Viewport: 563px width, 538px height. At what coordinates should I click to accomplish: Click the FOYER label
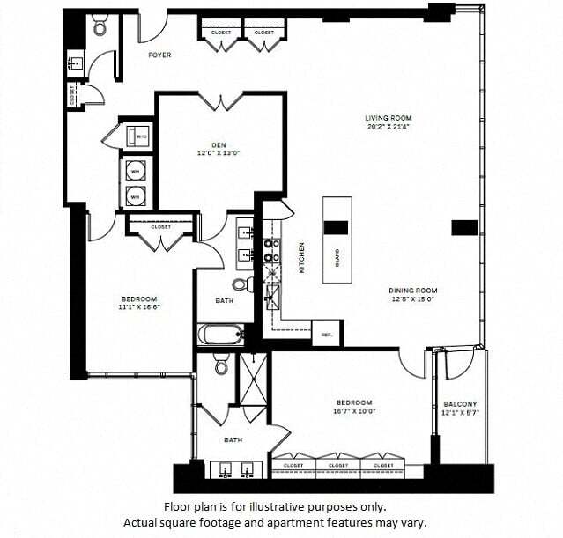tap(159, 55)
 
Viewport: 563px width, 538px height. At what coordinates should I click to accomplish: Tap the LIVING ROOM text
tap(389, 118)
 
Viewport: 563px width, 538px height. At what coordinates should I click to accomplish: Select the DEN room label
tap(219, 145)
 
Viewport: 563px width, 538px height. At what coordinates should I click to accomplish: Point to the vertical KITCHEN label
tap(301, 257)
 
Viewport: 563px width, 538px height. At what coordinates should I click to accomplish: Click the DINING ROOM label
tap(413, 291)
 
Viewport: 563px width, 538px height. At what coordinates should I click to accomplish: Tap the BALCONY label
tap(460, 404)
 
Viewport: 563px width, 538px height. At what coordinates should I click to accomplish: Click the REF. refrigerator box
tap(326, 335)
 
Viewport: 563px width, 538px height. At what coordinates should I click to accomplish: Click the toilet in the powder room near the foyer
tap(100, 27)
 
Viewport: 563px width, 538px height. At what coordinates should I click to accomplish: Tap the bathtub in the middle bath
tap(221, 335)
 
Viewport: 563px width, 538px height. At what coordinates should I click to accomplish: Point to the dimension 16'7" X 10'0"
tap(353, 410)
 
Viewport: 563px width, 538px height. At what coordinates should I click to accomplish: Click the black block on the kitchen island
tap(336, 227)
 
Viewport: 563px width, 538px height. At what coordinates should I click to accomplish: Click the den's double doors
tap(220, 101)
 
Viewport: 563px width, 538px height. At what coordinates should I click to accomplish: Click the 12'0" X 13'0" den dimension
tap(219, 154)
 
